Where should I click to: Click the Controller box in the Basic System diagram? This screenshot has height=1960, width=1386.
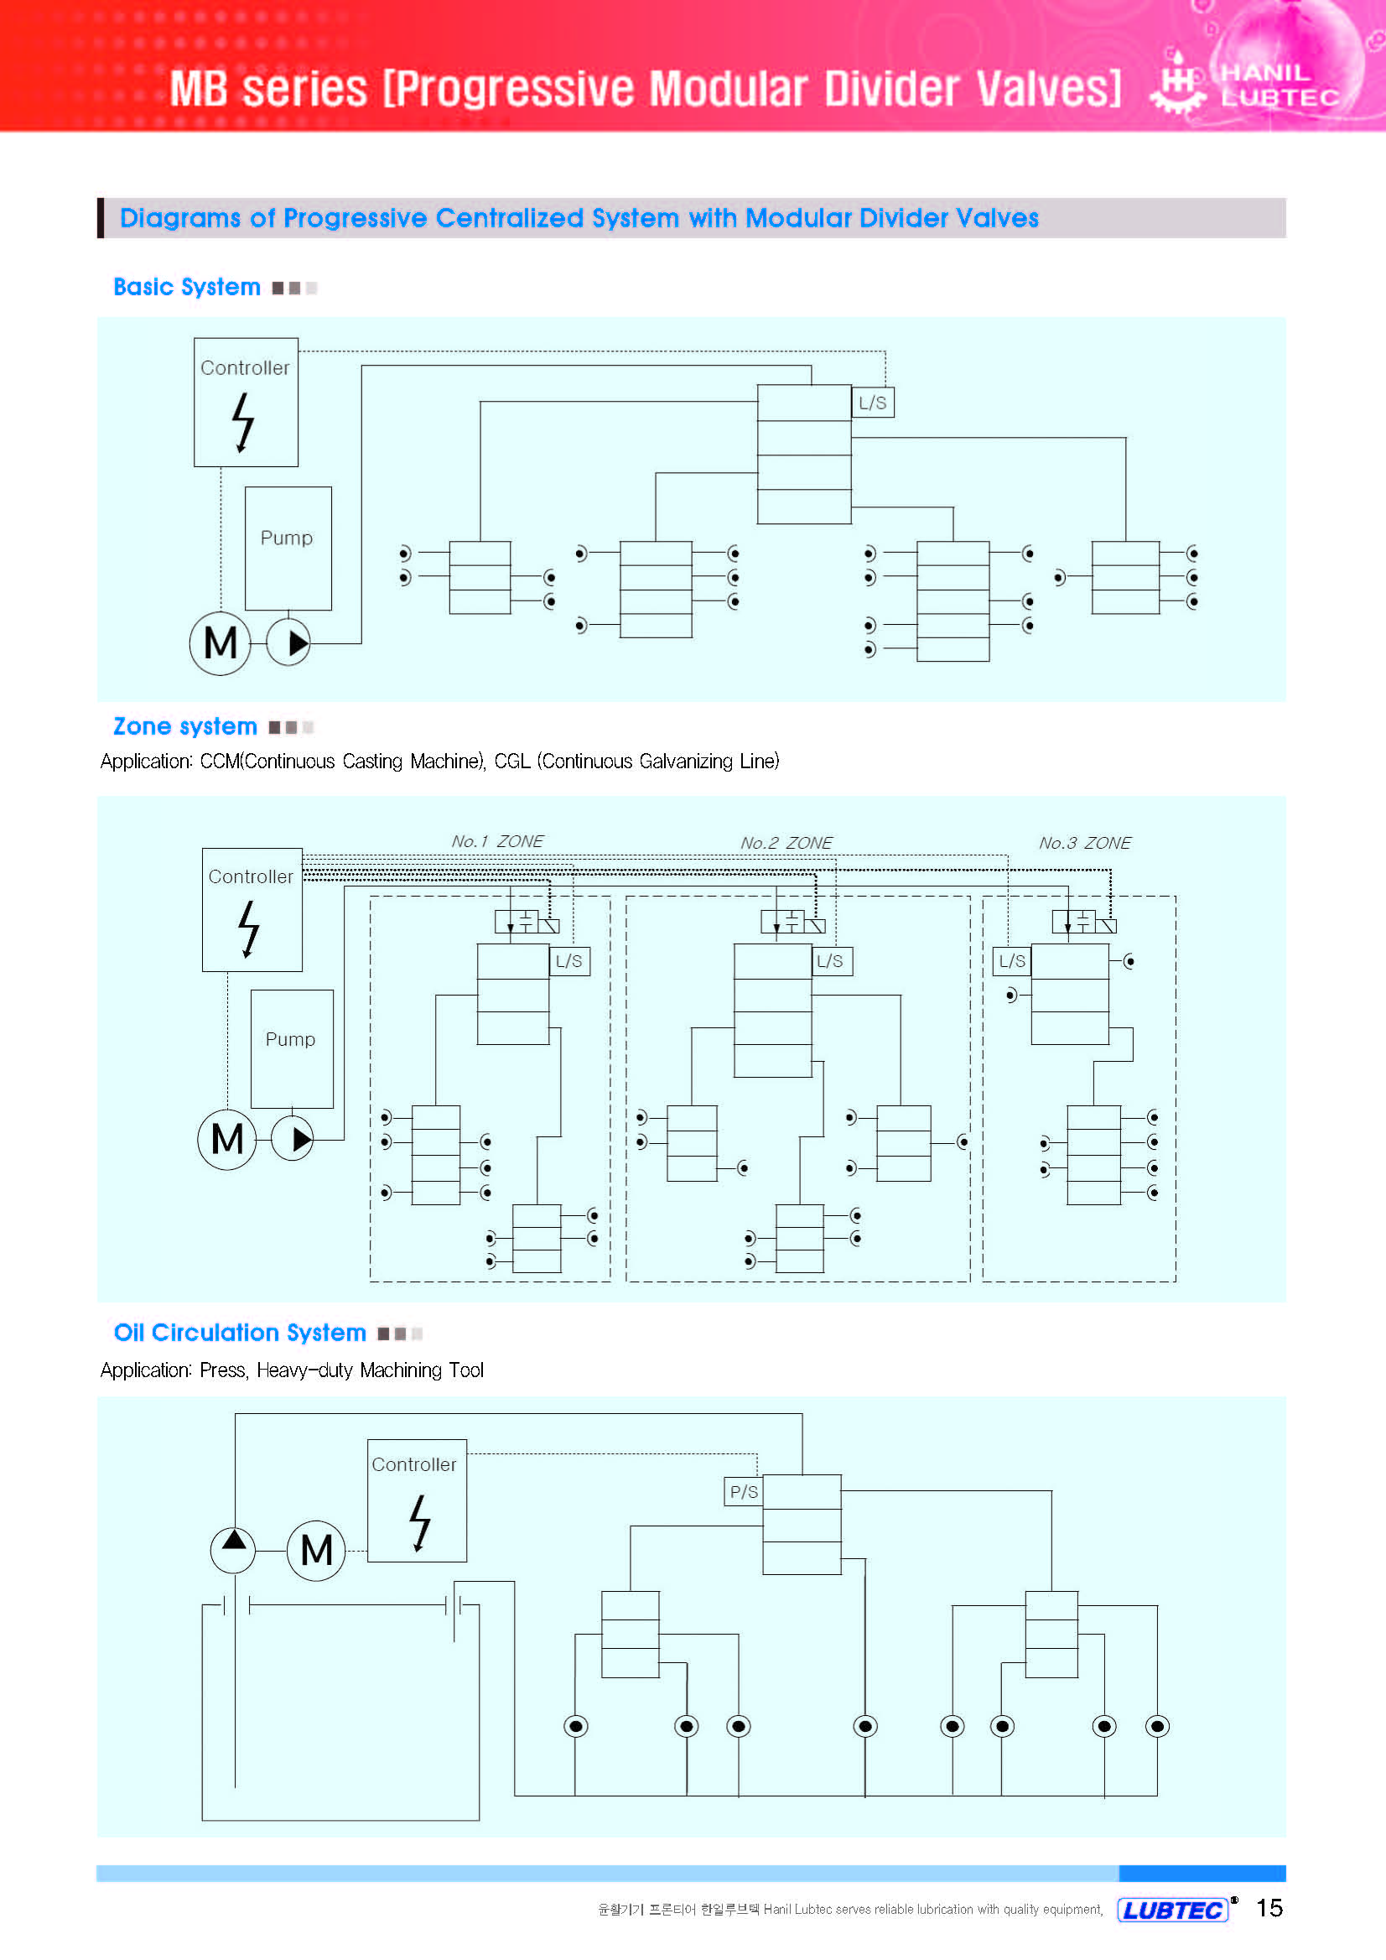click(246, 402)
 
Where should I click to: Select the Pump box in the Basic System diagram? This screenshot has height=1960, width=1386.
click(288, 548)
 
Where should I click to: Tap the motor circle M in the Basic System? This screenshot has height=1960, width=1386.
click(221, 642)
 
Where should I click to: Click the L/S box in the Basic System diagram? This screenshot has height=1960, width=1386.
click(872, 402)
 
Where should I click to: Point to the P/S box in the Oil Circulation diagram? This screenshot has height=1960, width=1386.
click(744, 1491)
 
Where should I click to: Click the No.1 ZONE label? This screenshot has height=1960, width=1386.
click(496, 841)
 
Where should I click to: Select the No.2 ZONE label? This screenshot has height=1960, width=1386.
click(786, 843)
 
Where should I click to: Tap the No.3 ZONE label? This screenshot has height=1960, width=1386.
click(1084, 843)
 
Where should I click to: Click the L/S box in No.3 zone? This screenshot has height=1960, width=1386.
click(1012, 960)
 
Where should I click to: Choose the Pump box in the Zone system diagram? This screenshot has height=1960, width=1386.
click(292, 1048)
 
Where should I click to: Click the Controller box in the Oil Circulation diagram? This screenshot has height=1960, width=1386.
click(417, 1500)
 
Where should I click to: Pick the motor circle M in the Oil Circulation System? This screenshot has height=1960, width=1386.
click(317, 1550)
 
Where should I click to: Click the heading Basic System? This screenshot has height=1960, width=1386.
click(187, 287)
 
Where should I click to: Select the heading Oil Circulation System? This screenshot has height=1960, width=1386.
click(240, 1333)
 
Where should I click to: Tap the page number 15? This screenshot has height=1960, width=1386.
click(1269, 1908)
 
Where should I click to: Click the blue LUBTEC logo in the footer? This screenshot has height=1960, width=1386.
click(1173, 1910)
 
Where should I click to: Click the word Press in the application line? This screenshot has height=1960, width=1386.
click(223, 1370)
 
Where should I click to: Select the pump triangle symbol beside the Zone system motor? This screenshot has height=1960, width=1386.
click(293, 1139)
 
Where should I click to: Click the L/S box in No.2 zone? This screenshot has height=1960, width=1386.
click(829, 960)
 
